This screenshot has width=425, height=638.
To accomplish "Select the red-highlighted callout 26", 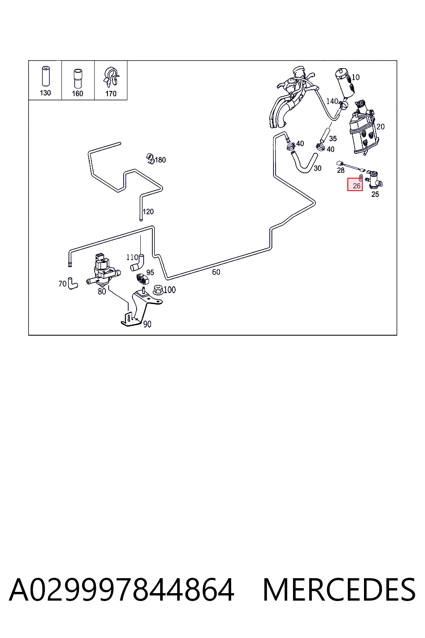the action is click(355, 184).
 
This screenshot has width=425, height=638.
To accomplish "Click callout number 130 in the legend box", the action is click(45, 93).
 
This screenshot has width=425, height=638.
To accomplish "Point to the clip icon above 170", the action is click(111, 76).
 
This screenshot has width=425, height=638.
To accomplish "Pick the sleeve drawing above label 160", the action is click(78, 79).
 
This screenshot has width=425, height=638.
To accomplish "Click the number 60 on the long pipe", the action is click(216, 272).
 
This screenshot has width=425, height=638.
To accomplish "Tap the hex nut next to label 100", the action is click(158, 290).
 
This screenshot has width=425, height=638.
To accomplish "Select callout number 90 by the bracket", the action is click(147, 324).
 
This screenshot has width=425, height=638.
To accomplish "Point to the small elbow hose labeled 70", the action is click(72, 283).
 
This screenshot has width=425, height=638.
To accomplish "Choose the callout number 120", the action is click(148, 211).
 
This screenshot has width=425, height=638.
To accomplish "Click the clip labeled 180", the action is click(150, 159).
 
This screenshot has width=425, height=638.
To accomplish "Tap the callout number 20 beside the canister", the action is click(381, 126).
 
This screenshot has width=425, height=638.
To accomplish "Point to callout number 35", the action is click(333, 138).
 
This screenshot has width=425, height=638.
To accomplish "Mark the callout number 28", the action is click(341, 170).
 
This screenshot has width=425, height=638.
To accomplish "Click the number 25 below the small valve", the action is click(375, 194).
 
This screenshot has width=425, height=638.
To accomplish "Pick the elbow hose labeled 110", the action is click(137, 262).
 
